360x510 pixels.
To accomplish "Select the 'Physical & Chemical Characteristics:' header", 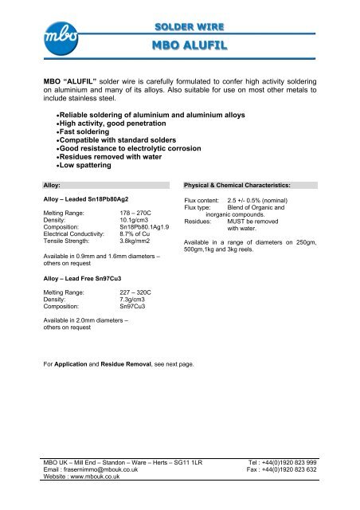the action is (236, 184).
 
